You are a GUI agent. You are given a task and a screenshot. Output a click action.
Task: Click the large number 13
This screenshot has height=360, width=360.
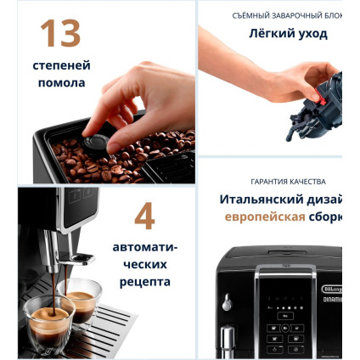click(x=60, y=32)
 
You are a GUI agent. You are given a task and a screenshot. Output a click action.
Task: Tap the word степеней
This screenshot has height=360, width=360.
click(x=62, y=65)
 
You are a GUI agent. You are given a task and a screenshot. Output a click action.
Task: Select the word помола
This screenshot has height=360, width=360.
click(x=62, y=83)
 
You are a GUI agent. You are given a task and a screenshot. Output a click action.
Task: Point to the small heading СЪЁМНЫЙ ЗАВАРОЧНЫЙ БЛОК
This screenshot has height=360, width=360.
click(x=286, y=15)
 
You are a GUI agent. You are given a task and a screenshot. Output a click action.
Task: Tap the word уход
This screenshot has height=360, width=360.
click(x=312, y=34)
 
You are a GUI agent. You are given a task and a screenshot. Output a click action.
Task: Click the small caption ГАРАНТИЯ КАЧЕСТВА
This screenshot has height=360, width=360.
click(x=288, y=182)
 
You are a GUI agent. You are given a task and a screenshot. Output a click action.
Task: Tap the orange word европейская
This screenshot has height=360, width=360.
click(x=265, y=217)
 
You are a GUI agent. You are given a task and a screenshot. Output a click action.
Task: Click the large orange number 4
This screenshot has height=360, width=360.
click(x=144, y=217)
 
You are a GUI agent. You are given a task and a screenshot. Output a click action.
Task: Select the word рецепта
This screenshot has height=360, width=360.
click(x=145, y=281)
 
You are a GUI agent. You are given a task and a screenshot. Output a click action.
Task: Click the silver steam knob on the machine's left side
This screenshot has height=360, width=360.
click(x=227, y=302)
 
